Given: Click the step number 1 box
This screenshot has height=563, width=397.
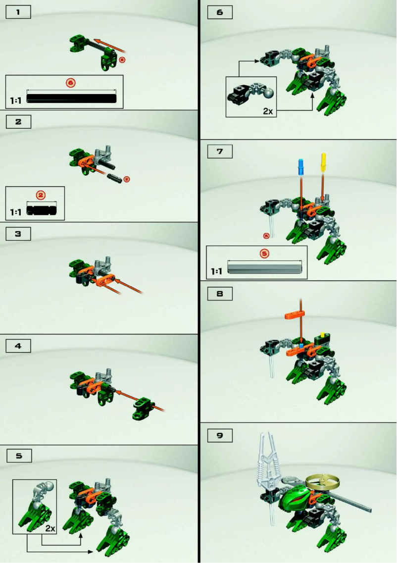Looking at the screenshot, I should [18, 12].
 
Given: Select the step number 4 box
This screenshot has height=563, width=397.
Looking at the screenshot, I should [18, 345].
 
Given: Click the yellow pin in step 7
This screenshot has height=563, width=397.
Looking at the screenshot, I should [324, 162].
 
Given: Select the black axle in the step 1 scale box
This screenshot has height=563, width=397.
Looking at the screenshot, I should [72, 98].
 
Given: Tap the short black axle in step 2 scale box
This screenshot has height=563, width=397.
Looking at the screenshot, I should [42, 209].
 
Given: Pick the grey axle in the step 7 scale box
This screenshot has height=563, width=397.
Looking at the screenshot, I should [264, 268].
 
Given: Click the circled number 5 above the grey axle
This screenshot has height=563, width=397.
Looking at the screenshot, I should [264, 253].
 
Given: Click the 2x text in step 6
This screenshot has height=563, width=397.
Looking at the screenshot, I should [268, 111].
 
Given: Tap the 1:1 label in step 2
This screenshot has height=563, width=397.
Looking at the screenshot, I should [16, 212].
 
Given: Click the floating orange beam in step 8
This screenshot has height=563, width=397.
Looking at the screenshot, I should [297, 315].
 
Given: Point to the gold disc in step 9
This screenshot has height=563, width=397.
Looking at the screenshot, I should [323, 480].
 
